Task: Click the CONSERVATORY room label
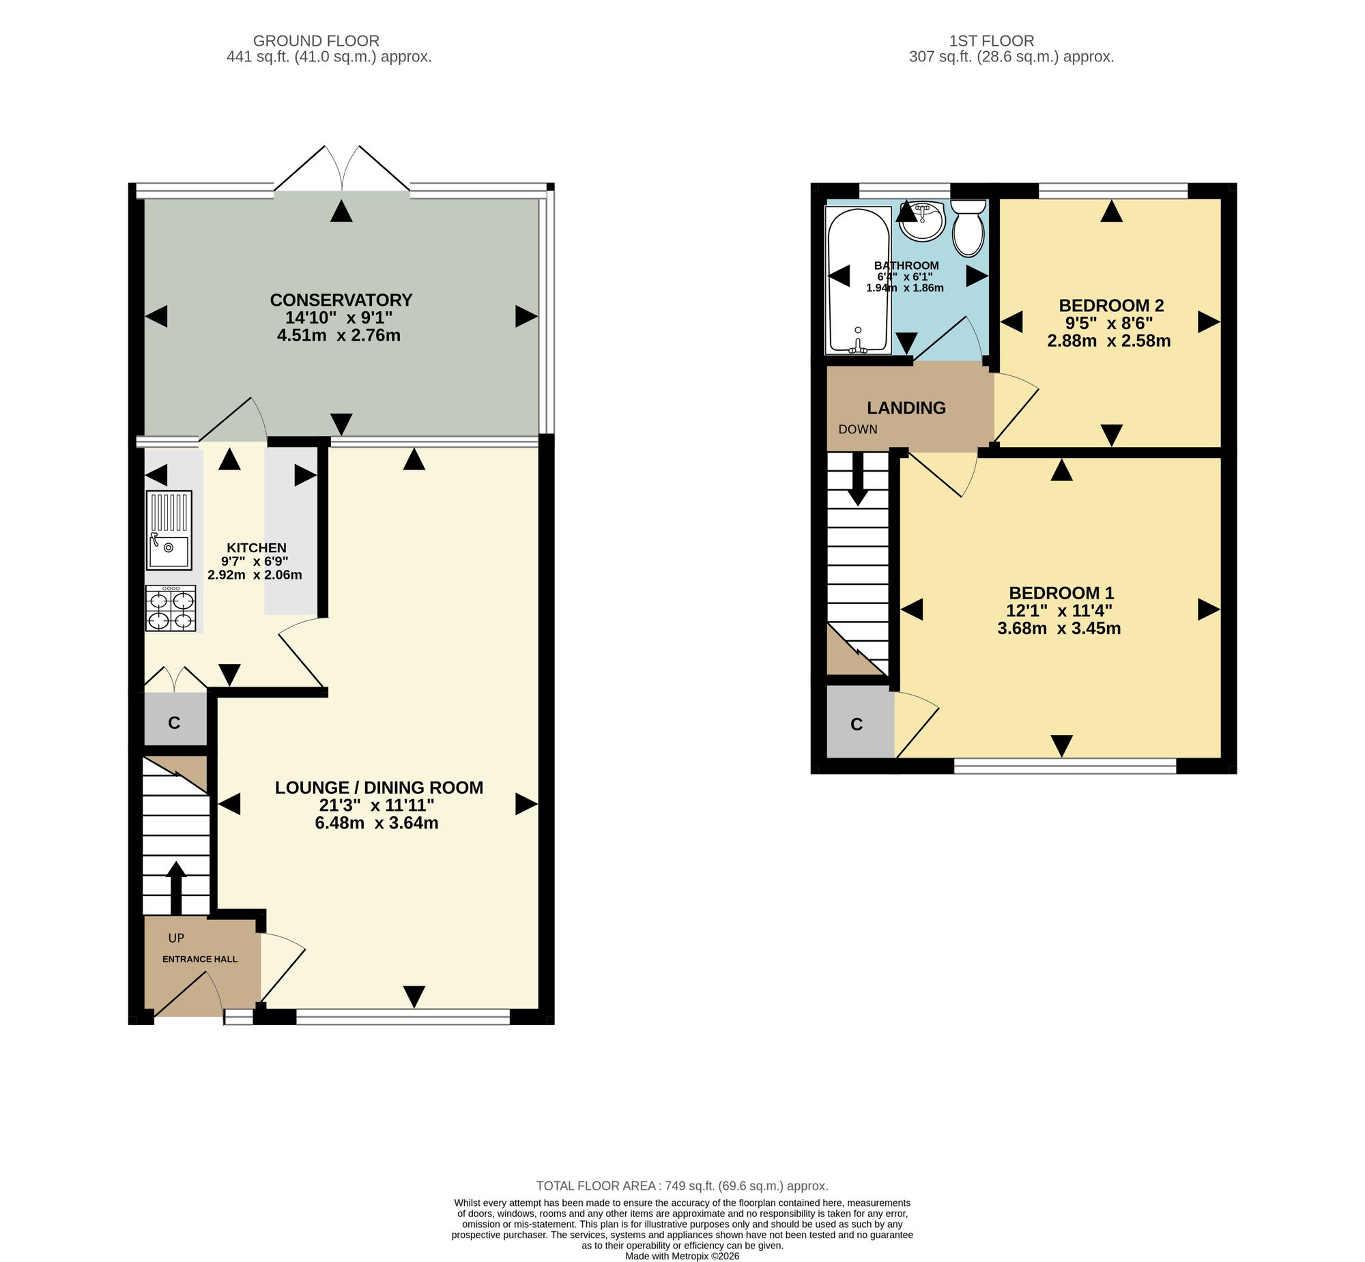pyautogui.click(x=341, y=300)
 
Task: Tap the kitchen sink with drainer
pyautogui.click(x=169, y=530)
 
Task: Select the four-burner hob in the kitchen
pyautogui.click(x=171, y=608)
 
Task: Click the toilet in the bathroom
pyautogui.click(x=968, y=227)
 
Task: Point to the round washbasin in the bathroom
pyautogui.click(x=922, y=220)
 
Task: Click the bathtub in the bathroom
pyautogui.click(x=859, y=281)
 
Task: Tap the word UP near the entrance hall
pyautogui.click(x=176, y=938)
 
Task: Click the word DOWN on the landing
pyautogui.click(x=858, y=429)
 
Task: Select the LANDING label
pyautogui.click(x=906, y=407)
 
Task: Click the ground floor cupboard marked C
pyautogui.click(x=175, y=723)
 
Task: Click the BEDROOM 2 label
pyautogui.click(x=1111, y=305)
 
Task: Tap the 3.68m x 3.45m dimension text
pyautogui.click(x=1059, y=628)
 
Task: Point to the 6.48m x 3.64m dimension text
pyautogui.click(x=376, y=823)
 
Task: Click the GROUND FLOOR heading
pyautogui.click(x=316, y=41)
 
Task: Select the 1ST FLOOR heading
pyautogui.click(x=992, y=41)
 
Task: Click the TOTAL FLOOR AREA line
pyautogui.click(x=681, y=1186)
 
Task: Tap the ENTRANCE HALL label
pyautogui.click(x=200, y=959)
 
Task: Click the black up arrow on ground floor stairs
pyautogui.click(x=176, y=887)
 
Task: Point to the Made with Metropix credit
pyautogui.click(x=682, y=1256)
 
